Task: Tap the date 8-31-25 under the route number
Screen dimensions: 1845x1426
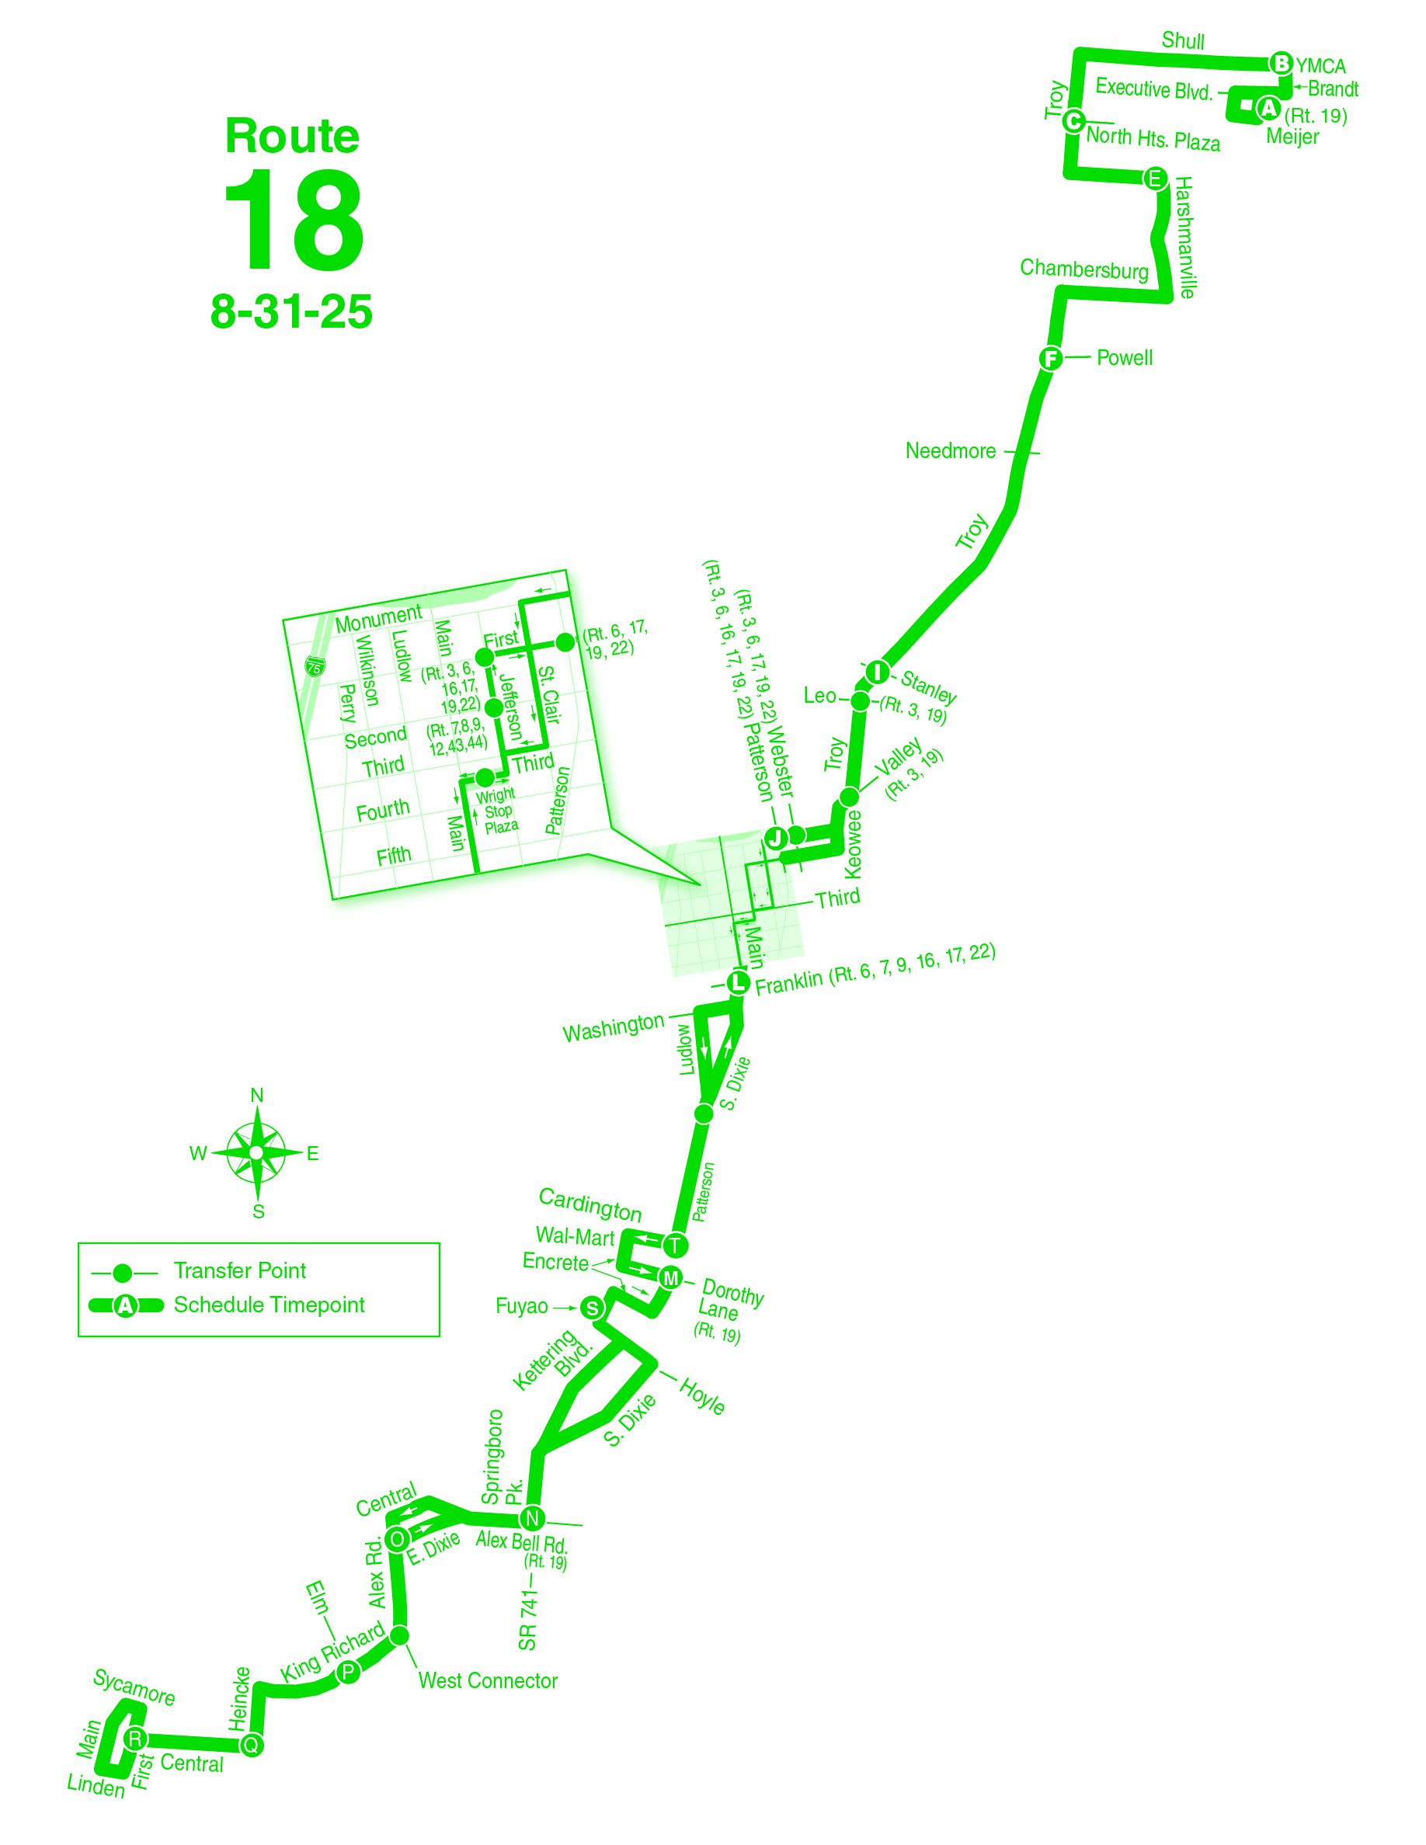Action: click(290, 311)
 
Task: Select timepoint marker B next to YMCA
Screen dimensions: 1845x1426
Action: click(1281, 64)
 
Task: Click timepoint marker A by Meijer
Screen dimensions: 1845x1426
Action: click(1268, 108)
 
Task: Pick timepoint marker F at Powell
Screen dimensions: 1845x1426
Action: click(1050, 358)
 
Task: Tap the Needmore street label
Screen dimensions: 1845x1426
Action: click(951, 451)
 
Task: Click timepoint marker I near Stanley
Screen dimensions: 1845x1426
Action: click(878, 672)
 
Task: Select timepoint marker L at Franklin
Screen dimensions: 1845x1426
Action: click(738, 982)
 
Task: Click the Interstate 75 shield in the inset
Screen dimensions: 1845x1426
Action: click(315, 666)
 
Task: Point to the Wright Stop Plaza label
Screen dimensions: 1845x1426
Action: click(498, 811)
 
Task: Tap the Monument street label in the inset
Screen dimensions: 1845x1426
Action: click(377, 618)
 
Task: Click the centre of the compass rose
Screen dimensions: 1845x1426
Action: click(257, 1152)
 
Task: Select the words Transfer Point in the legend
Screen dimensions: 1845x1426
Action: click(240, 1270)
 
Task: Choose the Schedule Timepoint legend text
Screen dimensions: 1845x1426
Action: click(269, 1305)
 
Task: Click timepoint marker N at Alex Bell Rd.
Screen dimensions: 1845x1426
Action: click(532, 1518)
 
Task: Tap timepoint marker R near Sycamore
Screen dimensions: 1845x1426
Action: click(135, 1739)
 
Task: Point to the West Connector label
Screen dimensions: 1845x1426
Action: click(488, 1681)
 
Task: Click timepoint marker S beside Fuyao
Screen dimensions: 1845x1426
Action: click(592, 1308)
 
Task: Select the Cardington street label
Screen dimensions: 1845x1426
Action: click(590, 1204)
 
